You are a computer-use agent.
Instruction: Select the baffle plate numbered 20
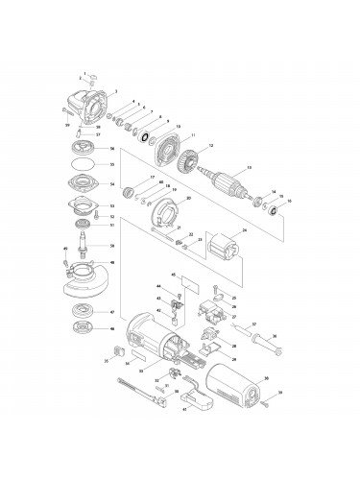tap(167, 213)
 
